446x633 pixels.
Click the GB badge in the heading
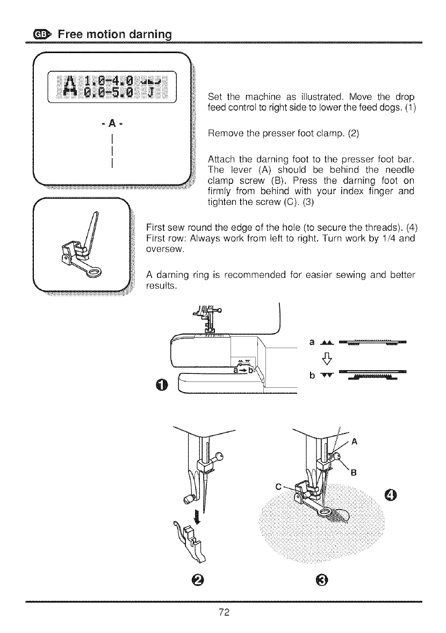point(41,35)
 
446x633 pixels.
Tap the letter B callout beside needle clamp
point(353,473)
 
